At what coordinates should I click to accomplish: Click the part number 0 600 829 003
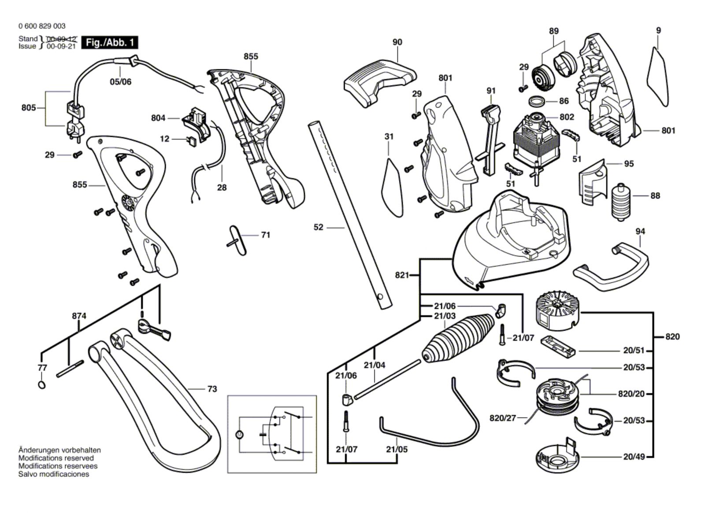(42, 26)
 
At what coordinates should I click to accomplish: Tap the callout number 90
(397, 42)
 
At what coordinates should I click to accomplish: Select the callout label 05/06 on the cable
(120, 82)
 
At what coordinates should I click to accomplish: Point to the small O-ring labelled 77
(42, 385)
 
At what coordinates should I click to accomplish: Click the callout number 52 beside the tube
(318, 227)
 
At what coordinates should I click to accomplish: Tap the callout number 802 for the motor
(567, 117)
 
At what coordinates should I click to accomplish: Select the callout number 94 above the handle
(640, 231)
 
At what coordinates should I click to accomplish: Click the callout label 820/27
(502, 418)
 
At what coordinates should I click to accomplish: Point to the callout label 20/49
(634, 457)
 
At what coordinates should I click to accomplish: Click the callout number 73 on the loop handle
(212, 389)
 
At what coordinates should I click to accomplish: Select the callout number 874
(79, 316)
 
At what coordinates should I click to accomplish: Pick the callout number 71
(265, 235)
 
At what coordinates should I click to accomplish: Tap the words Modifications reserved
(56, 458)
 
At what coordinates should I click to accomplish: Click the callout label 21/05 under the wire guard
(397, 449)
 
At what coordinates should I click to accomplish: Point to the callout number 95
(629, 164)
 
